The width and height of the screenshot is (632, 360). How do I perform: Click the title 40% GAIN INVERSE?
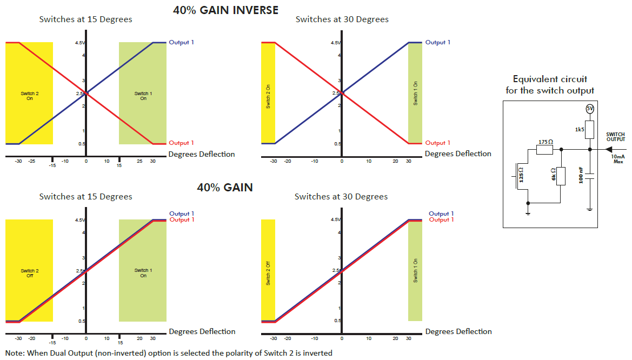pyautogui.click(x=225, y=10)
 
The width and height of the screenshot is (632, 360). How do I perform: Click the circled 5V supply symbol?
pyautogui.click(x=590, y=109)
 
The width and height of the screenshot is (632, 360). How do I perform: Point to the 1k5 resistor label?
pyautogui.click(x=580, y=129)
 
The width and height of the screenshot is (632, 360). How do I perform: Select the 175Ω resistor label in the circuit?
pyautogui.click(x=545, y=142)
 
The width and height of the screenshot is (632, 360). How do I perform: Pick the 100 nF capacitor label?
pyautogui.click(x=581, y=176)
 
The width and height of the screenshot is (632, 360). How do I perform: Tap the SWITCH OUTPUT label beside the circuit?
pyautogui.click(x=615, y=137)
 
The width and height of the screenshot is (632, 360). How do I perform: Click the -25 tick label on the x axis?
pyautogui.click(x=32, y=161)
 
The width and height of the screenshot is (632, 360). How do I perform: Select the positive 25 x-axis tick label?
pyautogui.click(x=139, y=161)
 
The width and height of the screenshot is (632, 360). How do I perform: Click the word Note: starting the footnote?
pyautogui.click(x=15, y=353)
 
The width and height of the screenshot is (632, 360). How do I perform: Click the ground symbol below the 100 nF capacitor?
pyautogui.click(x=590, y=209)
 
